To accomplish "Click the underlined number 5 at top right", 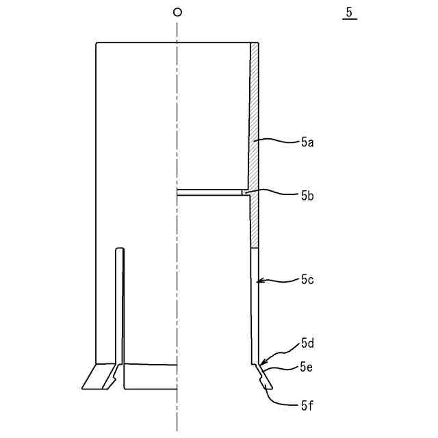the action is point(349,13).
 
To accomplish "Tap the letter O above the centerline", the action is point(177,12).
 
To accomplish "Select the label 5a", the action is point(307,142).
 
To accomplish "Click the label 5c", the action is point(307,279).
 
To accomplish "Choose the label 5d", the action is point(307,342).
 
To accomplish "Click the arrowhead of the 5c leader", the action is point(258,281).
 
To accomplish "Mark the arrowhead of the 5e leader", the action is point(262,374).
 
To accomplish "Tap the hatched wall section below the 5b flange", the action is point(254,222).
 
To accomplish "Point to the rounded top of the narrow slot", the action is point(120,250).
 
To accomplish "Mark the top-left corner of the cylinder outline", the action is point(97,43).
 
